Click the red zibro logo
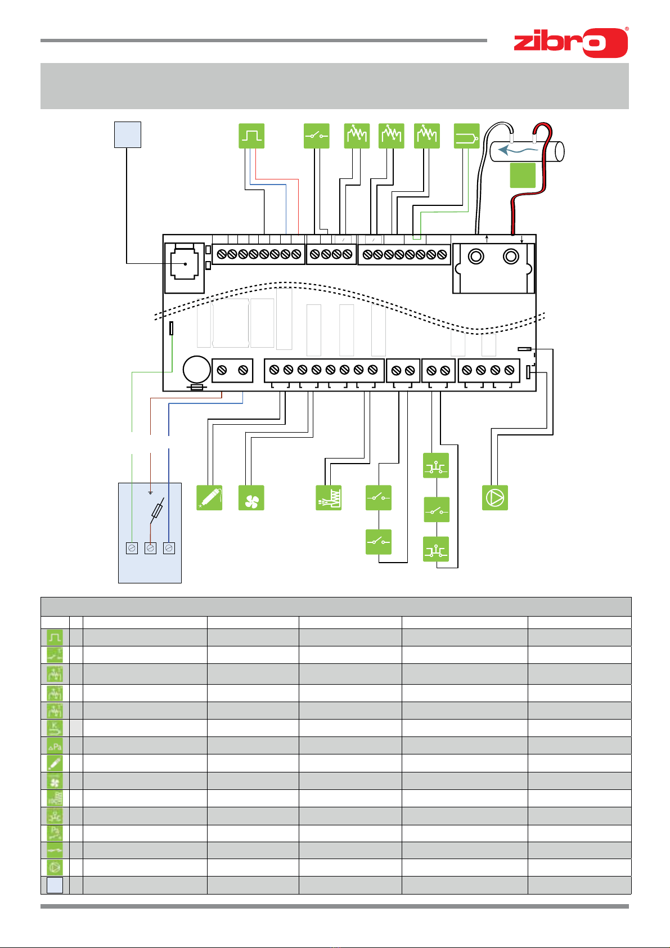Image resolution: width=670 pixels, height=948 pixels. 570,42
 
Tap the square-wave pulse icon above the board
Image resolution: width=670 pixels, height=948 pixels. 251,136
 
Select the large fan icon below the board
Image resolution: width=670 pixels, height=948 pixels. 251,498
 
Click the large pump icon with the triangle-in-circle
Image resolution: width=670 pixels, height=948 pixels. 495,498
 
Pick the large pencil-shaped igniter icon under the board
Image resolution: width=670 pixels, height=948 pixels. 209,498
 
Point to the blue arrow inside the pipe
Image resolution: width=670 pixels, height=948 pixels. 518,150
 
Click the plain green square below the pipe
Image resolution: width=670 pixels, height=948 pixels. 523,175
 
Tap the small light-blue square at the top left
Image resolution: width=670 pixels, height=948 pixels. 127,134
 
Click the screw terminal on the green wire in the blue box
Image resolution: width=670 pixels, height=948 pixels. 132,548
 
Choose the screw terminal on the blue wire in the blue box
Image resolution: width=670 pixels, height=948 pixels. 169,548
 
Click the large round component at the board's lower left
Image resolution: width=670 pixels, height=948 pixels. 197,370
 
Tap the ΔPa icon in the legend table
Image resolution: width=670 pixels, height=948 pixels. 55,746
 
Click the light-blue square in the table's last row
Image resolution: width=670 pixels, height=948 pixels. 55,885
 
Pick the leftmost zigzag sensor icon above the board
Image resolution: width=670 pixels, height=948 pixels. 357,136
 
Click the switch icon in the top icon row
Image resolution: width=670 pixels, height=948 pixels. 317,136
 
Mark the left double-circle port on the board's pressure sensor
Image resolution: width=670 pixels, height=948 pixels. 476,257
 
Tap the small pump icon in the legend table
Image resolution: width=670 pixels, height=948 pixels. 55,867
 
